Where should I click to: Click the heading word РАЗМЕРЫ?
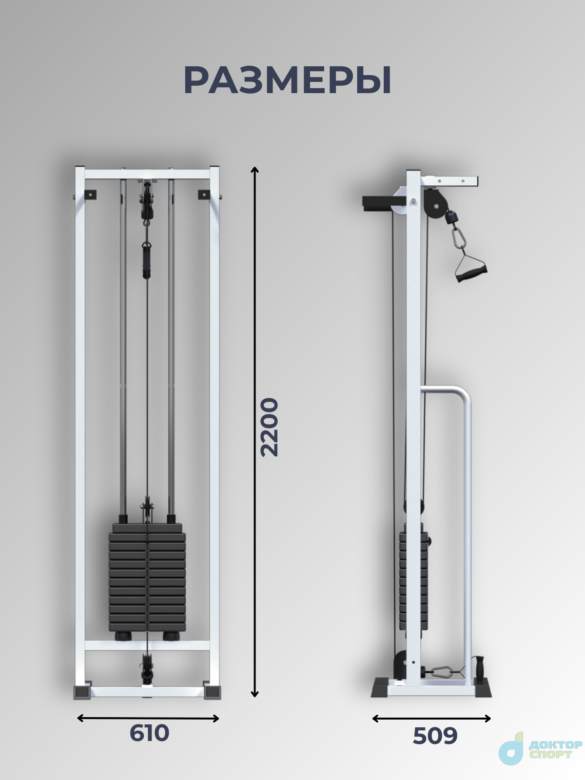point(287,80)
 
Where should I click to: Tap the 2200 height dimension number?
point(269,427)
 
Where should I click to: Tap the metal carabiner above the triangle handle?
point(459,238)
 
